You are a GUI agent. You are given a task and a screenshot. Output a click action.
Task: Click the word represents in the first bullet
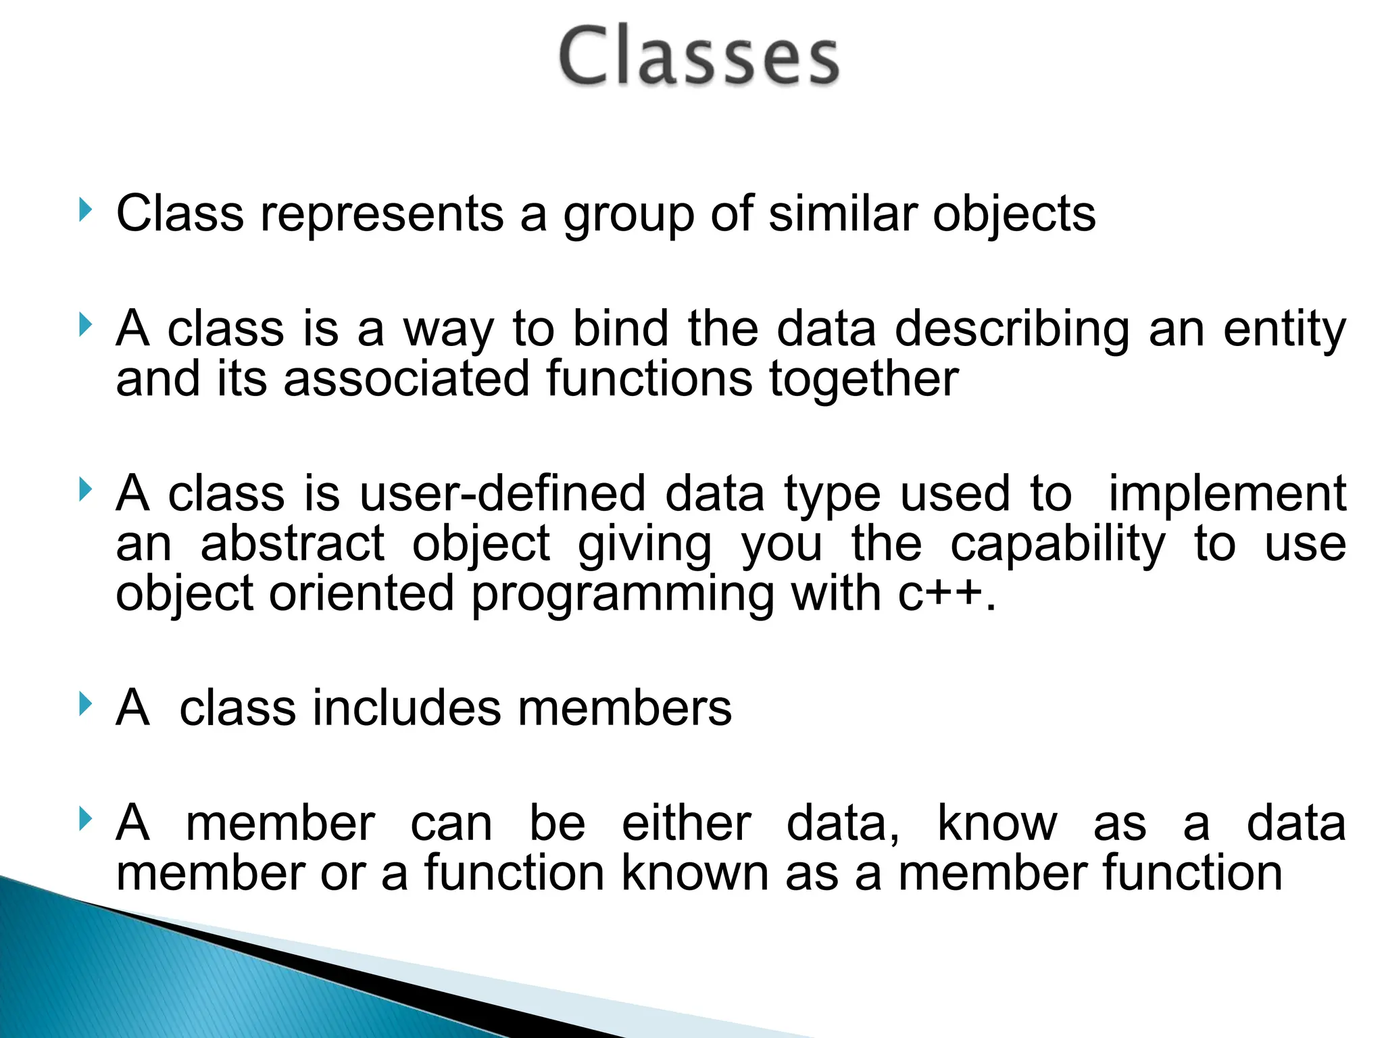click(x=382, y=214)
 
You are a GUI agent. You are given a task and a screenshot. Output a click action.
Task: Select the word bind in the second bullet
click(x=620, y=328)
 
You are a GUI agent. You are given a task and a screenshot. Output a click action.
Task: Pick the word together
click(x=864, y=380)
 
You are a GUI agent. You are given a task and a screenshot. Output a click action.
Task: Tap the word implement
click(x=1227, y=495)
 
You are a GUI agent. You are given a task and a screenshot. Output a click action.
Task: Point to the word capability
click(x=1058, y=545)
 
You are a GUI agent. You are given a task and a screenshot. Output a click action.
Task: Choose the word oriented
click(x=362, y=593)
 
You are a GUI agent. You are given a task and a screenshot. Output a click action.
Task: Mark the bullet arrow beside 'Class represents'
click(x=84, y=210)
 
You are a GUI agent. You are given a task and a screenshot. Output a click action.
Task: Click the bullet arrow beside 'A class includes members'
click(x=84, y=704)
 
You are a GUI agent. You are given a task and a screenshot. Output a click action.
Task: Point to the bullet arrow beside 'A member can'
click(x=84, y=819)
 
